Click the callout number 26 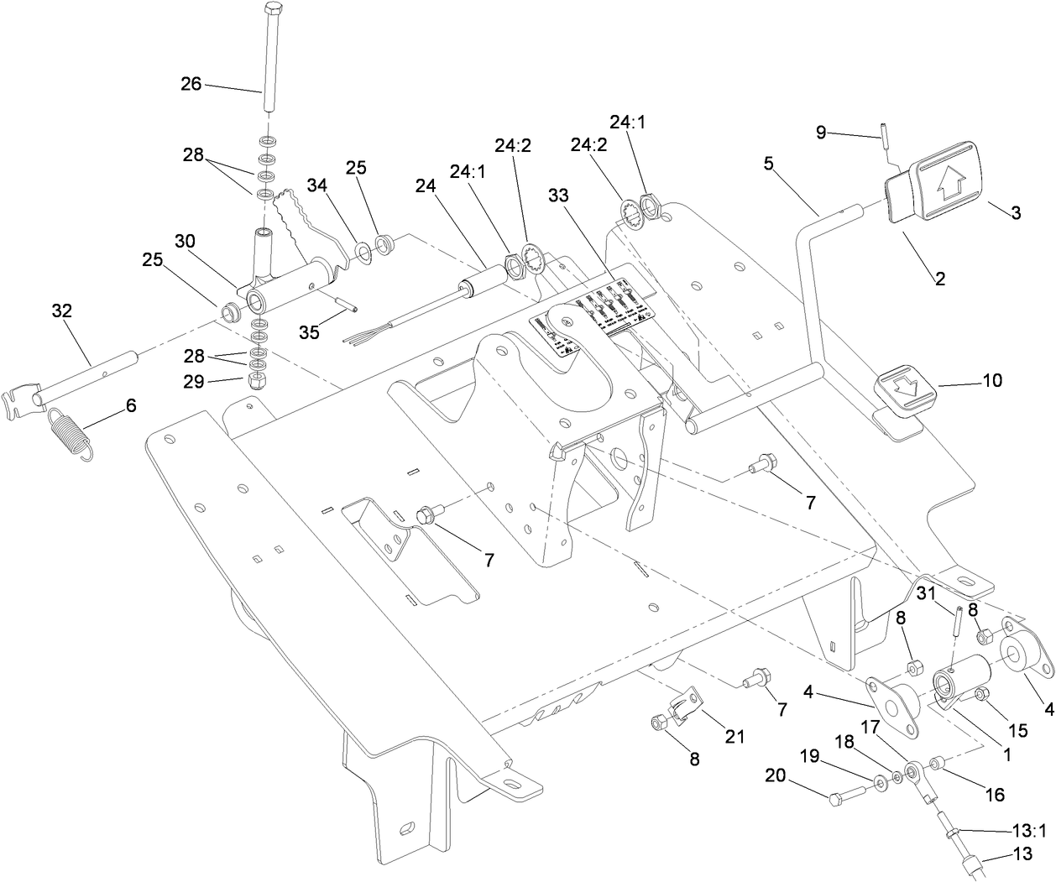point(191,84)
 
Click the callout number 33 point(558,196)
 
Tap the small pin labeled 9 point(883,134)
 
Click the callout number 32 point(62,311)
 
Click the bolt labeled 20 point(844,796)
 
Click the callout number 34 point(316,185)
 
